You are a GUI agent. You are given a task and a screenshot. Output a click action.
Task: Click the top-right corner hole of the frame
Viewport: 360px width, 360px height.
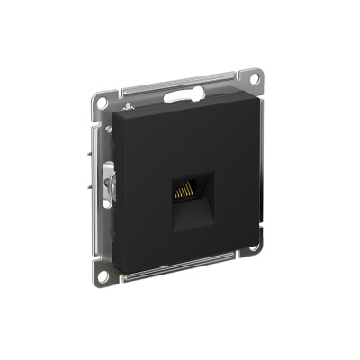click(x=255, y=77)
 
